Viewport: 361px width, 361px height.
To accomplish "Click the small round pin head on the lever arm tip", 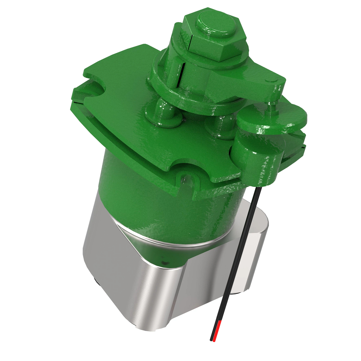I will click(274, 80).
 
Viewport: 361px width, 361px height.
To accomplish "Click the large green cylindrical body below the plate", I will click(168, 205).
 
